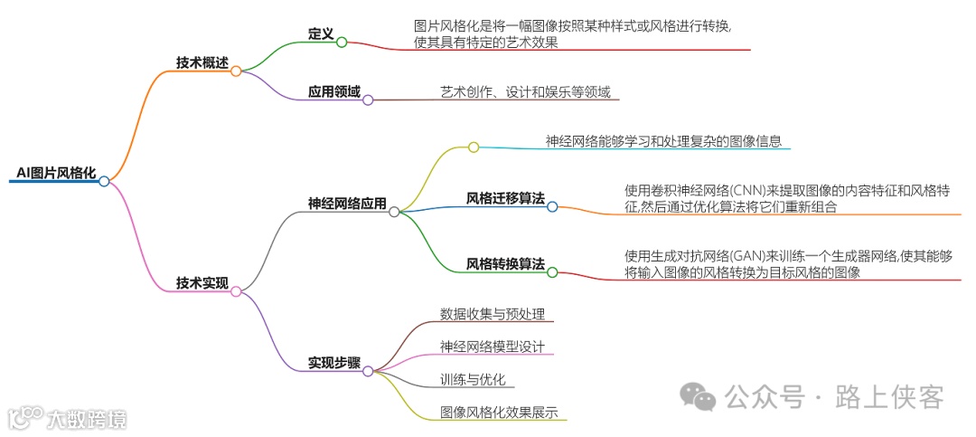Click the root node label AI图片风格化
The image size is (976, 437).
click(x=57, y=172)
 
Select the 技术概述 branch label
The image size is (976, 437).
click(x=202, y=62)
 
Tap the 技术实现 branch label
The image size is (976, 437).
click(x=202, y=283)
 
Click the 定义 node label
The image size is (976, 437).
click(x=321, y=33)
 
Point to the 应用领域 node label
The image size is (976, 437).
click(x=334, y=91)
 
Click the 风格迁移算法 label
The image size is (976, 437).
click(x=505, y=198)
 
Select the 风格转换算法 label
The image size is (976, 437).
click(x=505, y=264)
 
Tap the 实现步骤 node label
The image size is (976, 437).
click(x=334, y=363)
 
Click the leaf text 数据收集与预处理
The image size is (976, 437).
click(x=493, y=314)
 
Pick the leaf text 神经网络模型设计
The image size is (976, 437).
click(x=493, y=347)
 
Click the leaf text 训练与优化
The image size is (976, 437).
click(x=473, y=379)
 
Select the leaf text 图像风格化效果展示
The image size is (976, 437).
click(x=499, y=413)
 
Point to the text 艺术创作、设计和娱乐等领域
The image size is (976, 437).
click(x=525, y=91)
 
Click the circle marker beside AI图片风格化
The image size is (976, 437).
click(x=104, y=181)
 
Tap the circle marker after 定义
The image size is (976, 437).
click(x=342, y=42)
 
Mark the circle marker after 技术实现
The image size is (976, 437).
click(x=236, y=291)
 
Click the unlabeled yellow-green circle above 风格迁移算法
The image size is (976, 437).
click(x=473, y=147)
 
